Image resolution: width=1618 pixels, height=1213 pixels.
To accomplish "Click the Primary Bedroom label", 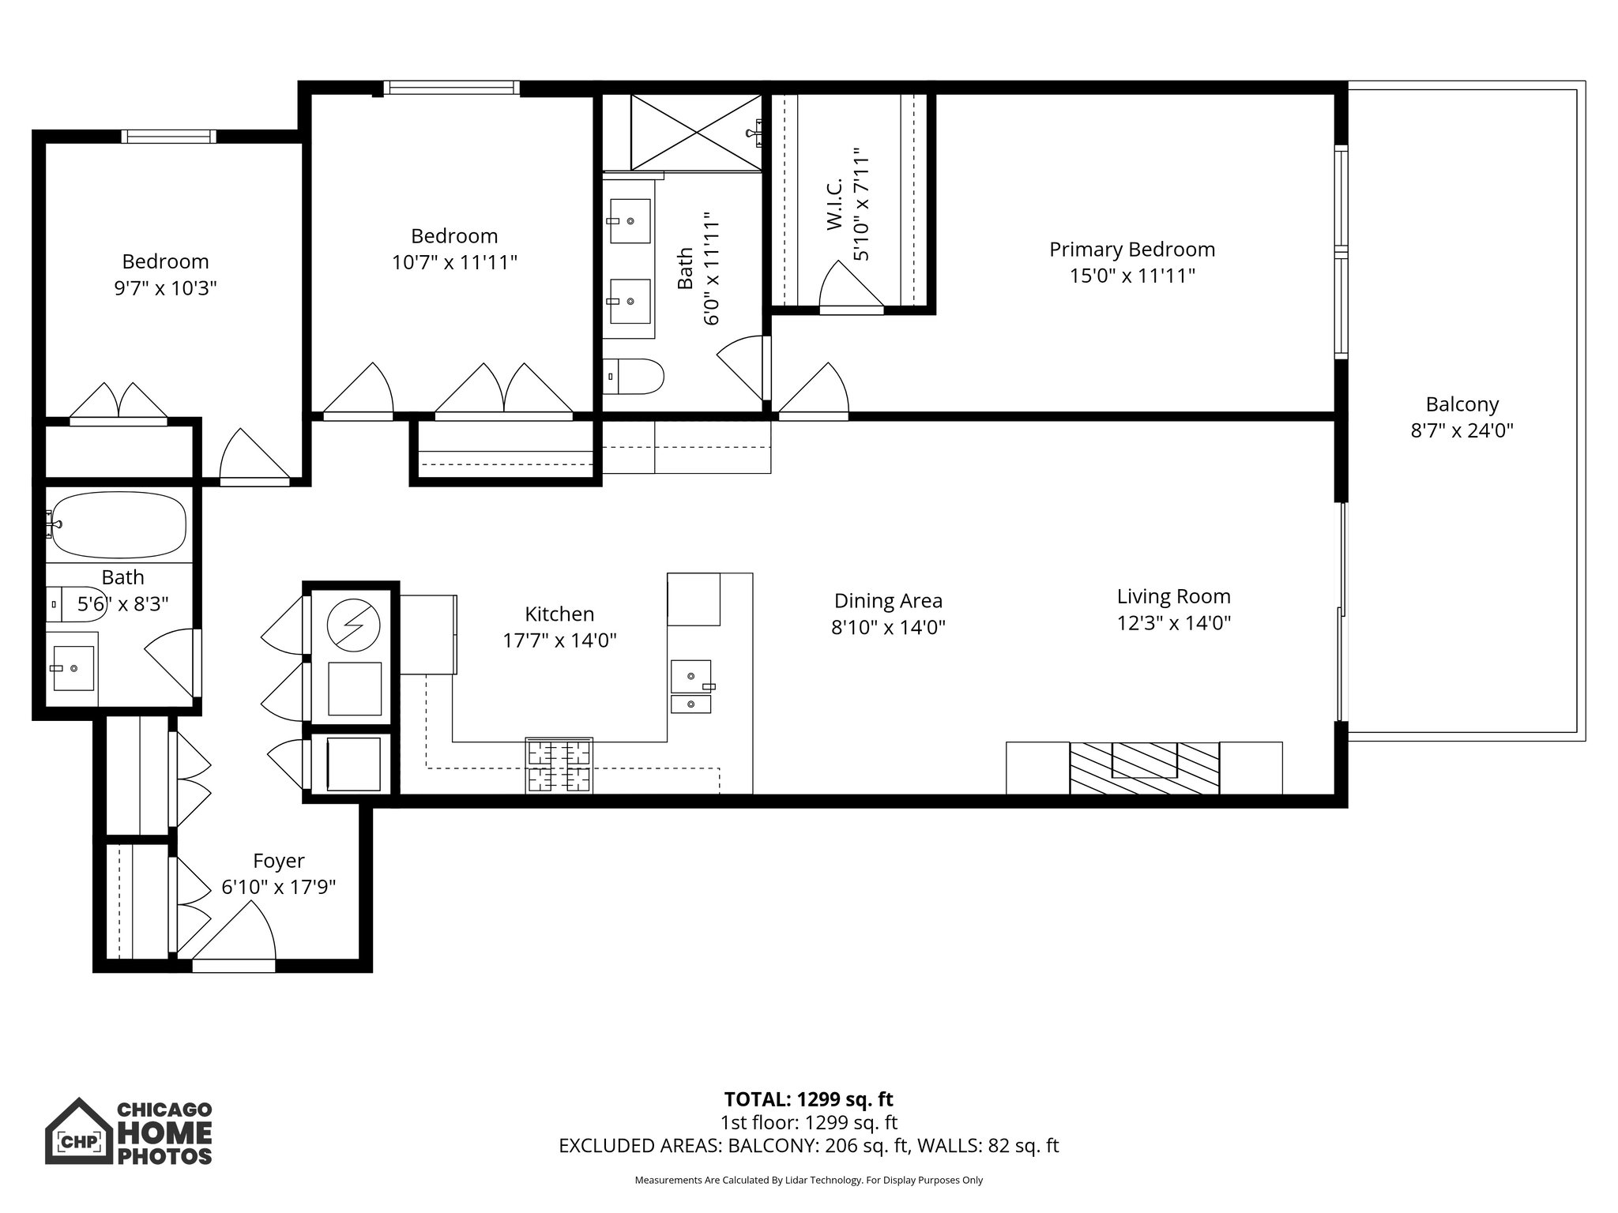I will tap(1131, 250).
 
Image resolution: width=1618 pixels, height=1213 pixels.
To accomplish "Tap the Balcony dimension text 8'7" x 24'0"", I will tap(1462, 431).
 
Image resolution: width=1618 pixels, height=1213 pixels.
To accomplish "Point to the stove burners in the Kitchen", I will tap(559, 765).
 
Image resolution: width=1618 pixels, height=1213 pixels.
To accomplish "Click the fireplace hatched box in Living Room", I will tap(1144, 768).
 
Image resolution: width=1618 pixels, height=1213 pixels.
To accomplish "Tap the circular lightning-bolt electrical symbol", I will tap(353, 625).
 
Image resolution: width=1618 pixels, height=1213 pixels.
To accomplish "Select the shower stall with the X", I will tap(696, 132).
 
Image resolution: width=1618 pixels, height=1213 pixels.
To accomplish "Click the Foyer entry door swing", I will tap(237, 932).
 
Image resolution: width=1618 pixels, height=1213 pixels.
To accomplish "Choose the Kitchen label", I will tap(559, 614).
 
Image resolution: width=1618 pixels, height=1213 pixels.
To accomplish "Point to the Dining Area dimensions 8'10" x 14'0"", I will tap(888, 628).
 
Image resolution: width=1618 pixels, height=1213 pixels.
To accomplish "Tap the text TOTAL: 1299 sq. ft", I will tap(808, 1099).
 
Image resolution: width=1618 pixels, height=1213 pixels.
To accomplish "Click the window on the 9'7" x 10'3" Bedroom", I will tap(168, 137).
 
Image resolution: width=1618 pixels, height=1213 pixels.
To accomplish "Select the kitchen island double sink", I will tap(691, 688).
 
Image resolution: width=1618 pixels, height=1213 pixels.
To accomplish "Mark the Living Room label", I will tap(1173, 596).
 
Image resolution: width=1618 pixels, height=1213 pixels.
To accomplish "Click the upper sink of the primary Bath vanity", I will tap(630, 221).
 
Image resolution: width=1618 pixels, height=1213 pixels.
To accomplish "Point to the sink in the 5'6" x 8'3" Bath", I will tap(73, 668).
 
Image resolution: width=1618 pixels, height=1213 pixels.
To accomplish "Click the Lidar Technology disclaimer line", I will tap(808, 1180).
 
